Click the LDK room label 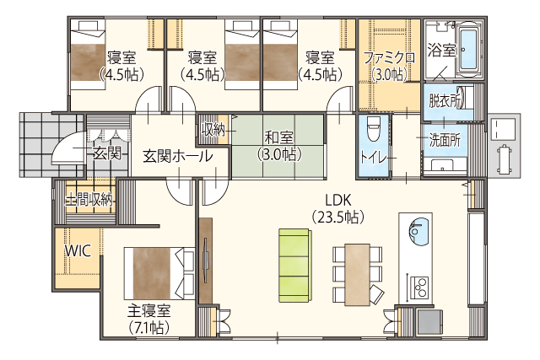(337, 200)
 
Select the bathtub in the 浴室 (468, 50)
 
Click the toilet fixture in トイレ (373, 128)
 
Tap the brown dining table (358, 274)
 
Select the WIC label (78, 251)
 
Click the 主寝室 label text (149, 311)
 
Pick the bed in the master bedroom (159, 273)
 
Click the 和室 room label (279, 138)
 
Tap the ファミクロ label (390, 58)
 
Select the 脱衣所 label (445, 101)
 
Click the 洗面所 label (445, 141)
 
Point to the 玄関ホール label (178, 157)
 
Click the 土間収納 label (89, 199)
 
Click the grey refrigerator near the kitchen (429, 321)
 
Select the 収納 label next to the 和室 (213, 130)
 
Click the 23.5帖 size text (337, 217)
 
